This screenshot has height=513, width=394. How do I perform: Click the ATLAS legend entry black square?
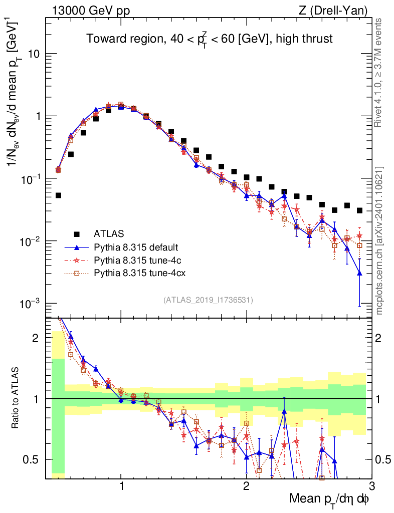point(77,233)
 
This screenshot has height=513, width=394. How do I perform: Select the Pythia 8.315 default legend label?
point(136,247)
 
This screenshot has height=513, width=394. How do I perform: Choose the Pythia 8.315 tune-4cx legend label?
point(138,273)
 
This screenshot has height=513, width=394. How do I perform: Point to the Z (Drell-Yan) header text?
point(339,10)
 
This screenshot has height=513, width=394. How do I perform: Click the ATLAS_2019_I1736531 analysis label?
point(208,300)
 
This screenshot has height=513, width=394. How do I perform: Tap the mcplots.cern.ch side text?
point(380,240)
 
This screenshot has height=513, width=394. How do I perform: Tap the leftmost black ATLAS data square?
point(58,195)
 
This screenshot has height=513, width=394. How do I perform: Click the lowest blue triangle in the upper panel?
point(359,273)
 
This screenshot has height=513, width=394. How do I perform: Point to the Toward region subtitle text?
point(209,39)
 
